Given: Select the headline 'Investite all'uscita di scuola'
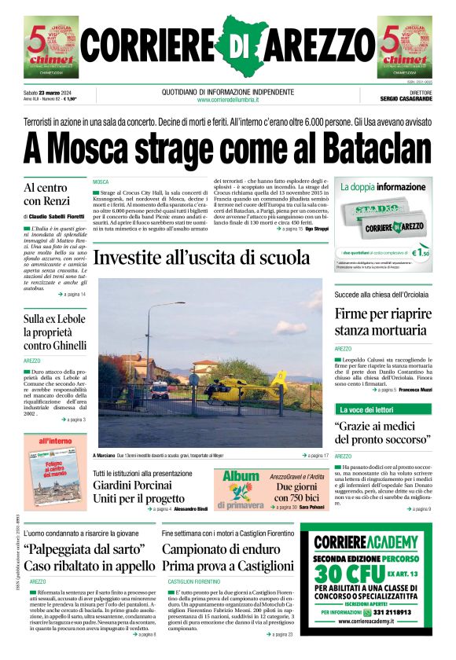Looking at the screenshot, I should point(201,258).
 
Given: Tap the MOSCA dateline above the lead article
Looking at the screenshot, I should point(101,181).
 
